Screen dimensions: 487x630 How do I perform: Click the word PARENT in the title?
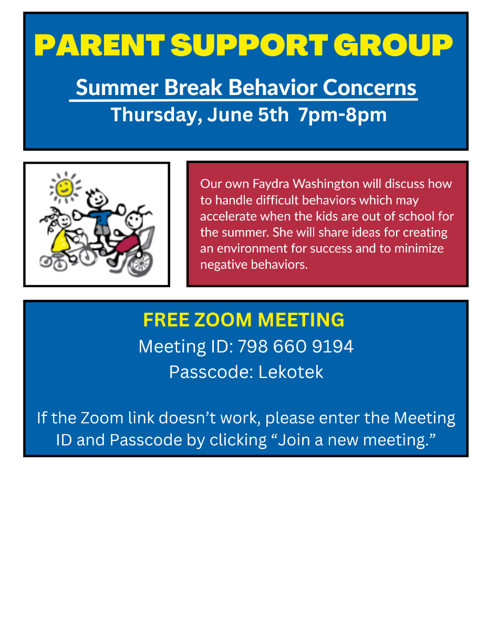pos(99,45)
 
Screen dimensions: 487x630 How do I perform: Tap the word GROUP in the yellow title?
pos(393,45)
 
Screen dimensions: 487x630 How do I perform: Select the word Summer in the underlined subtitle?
pos(117,87)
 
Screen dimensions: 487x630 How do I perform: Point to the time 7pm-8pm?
pos(342,115)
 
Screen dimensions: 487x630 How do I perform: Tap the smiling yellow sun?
pos(65,187)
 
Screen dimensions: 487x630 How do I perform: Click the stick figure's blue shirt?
pos(100,217)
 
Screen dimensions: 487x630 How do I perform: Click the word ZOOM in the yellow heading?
pos(223,320)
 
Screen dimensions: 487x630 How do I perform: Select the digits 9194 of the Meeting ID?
pos(333,346)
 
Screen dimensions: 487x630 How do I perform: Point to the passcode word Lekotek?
pos(291,372)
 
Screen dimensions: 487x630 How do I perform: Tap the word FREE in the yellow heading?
pos(166,320)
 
